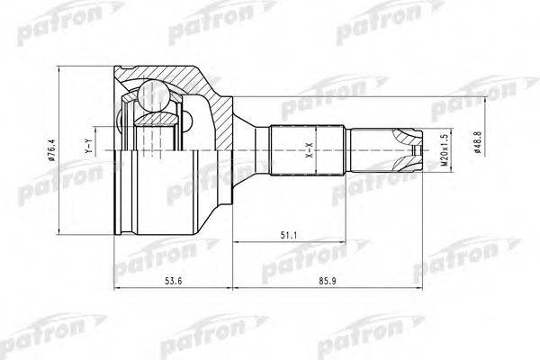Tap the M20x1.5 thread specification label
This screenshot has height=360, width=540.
pos(442,148)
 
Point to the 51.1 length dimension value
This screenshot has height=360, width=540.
pos(288,237)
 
